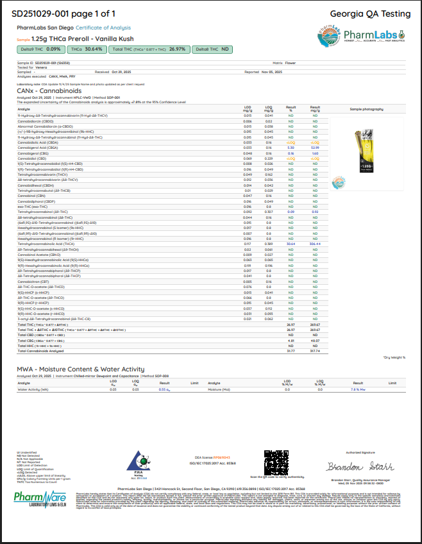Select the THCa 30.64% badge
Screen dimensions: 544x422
pos(87,49)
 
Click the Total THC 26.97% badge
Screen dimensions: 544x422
pos(149,49)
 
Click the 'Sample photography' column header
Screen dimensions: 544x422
pos(367,109)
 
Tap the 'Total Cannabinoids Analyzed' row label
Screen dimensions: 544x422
pos(42,351)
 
